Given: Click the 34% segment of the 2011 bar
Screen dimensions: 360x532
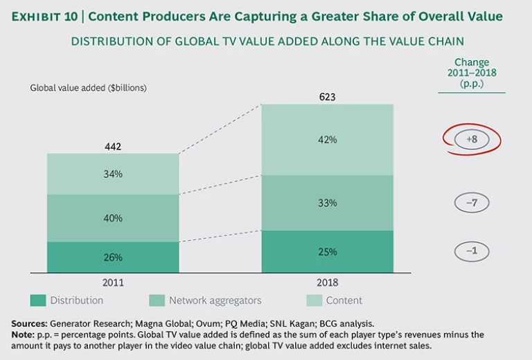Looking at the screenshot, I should (x=113, y=174).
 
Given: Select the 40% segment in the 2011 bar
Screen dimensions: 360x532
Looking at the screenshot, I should (x=113, y=218).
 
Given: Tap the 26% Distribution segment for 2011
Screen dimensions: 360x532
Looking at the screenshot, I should (x=113, y=257).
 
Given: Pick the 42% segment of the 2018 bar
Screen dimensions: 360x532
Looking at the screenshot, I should (x=328, y=140).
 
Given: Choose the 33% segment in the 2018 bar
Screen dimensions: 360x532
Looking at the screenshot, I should (x=328, y=203).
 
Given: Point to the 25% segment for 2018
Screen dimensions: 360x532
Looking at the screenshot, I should (x=328, y=251).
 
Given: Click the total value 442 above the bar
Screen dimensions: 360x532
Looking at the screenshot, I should (x=113, y=146).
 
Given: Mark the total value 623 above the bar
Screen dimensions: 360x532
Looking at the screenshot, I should (x=328, y=97).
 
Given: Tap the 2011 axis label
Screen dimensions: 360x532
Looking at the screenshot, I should (x=113, y=282).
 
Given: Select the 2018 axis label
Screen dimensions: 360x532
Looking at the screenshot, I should (x=328, y=282).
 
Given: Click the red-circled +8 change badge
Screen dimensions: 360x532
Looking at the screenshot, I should (x=472, y=139).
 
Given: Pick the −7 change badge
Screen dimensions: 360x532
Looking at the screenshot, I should (x=472, y=203).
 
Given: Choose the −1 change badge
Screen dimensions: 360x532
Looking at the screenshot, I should (x=472, y=251).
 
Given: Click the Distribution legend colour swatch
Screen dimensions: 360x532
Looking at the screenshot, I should (x=39, y=300).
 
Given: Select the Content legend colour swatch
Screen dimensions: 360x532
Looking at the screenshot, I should (x=314, y=300).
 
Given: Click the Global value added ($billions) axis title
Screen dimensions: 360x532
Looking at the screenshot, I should (x=88, y=88).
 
